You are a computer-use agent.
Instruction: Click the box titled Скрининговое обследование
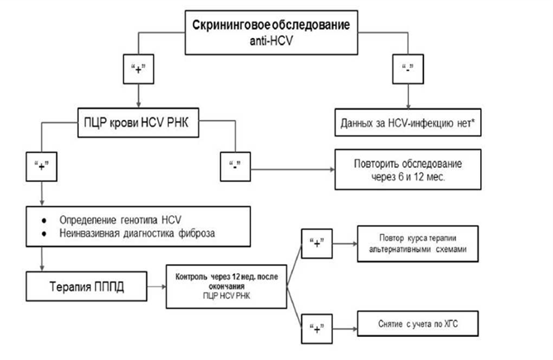pos(277,31)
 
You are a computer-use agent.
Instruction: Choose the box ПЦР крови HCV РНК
pos(137,122)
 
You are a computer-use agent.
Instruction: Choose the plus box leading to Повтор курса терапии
pos(315,245)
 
